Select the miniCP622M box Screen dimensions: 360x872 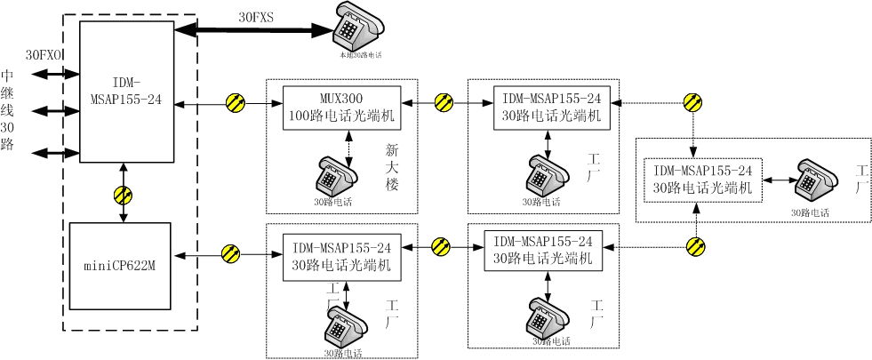(122, 266)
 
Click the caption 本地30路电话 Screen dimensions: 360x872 (358, 55)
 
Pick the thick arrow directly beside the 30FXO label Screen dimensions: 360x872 (46, 76)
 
